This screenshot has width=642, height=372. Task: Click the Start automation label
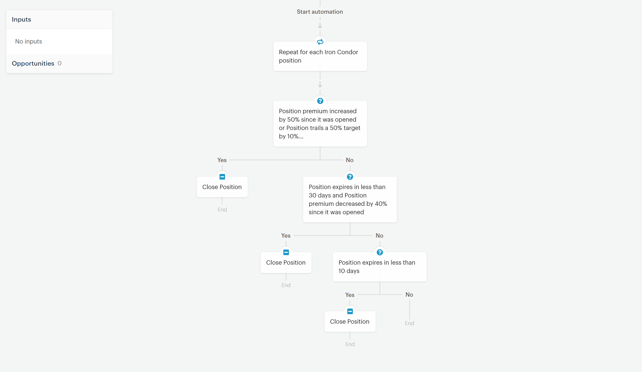tap(320, 12)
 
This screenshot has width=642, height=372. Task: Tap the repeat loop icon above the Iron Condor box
tap(320, 41)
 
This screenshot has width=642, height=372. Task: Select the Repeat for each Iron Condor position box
tap(320, 56)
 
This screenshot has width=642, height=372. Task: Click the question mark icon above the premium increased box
tap(320, 101)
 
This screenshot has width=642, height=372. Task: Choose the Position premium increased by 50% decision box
tap(320, 124)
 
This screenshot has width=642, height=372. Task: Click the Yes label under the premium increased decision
tap(222, 160)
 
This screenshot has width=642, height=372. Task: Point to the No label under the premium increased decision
tap(349, 160)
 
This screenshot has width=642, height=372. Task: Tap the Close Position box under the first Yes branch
tap(222, 187)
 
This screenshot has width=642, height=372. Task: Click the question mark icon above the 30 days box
tap(350, 177)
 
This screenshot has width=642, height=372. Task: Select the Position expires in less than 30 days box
tap(350, 199)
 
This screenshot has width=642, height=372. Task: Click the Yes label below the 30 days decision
tap(286, 236)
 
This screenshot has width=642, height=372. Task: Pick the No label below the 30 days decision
tap(379, 236)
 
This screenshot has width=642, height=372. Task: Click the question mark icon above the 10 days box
tap(380, 252)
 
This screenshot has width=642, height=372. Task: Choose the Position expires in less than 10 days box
tap(380, 267)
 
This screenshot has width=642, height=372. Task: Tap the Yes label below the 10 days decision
tap(350, 295)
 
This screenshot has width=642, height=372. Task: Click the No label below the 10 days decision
tap(409, 295)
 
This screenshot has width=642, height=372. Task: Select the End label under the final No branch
tap(410, 323)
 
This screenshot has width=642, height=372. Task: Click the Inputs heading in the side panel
tap(21, 20)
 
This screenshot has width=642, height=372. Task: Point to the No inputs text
tap(28, 41)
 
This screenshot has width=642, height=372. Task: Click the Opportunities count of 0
tap(59, 63)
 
